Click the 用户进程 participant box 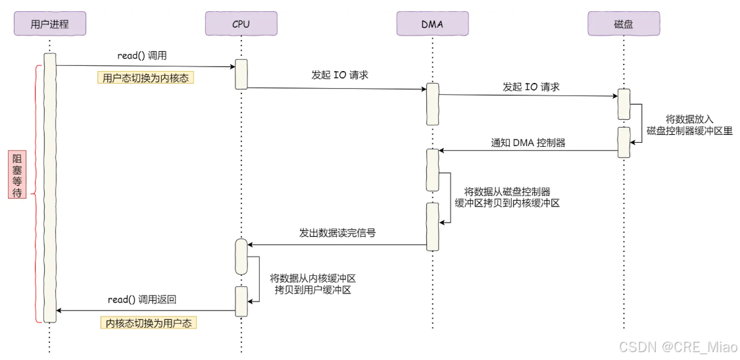coord(50,24)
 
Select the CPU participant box coord(241,24)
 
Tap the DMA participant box coord(432,24)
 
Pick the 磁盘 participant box coord(623,24)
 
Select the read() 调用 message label coord(147,56)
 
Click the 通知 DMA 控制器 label coord(528,142)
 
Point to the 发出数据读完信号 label coord(337,233)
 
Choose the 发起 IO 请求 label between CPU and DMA coord(339,75)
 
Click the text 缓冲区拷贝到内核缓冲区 coord(507,203)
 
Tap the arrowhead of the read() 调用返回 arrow coord(60,311)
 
